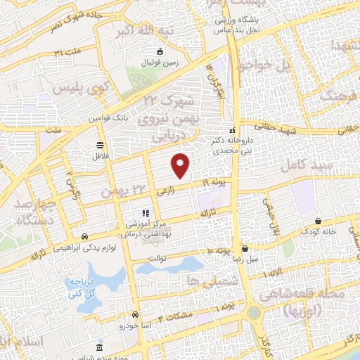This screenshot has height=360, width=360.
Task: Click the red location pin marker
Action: click(181, 165)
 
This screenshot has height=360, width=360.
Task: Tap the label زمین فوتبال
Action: click(163, 63)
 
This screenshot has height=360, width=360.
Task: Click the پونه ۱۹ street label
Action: click(216, 183)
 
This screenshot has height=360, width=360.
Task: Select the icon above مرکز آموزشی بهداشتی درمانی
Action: click(145, 213)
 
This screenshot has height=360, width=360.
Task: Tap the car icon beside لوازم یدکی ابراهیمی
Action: click(84, 236)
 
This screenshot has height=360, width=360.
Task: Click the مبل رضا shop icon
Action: click(245, 248)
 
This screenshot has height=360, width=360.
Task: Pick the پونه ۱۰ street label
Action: click(219, 251)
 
